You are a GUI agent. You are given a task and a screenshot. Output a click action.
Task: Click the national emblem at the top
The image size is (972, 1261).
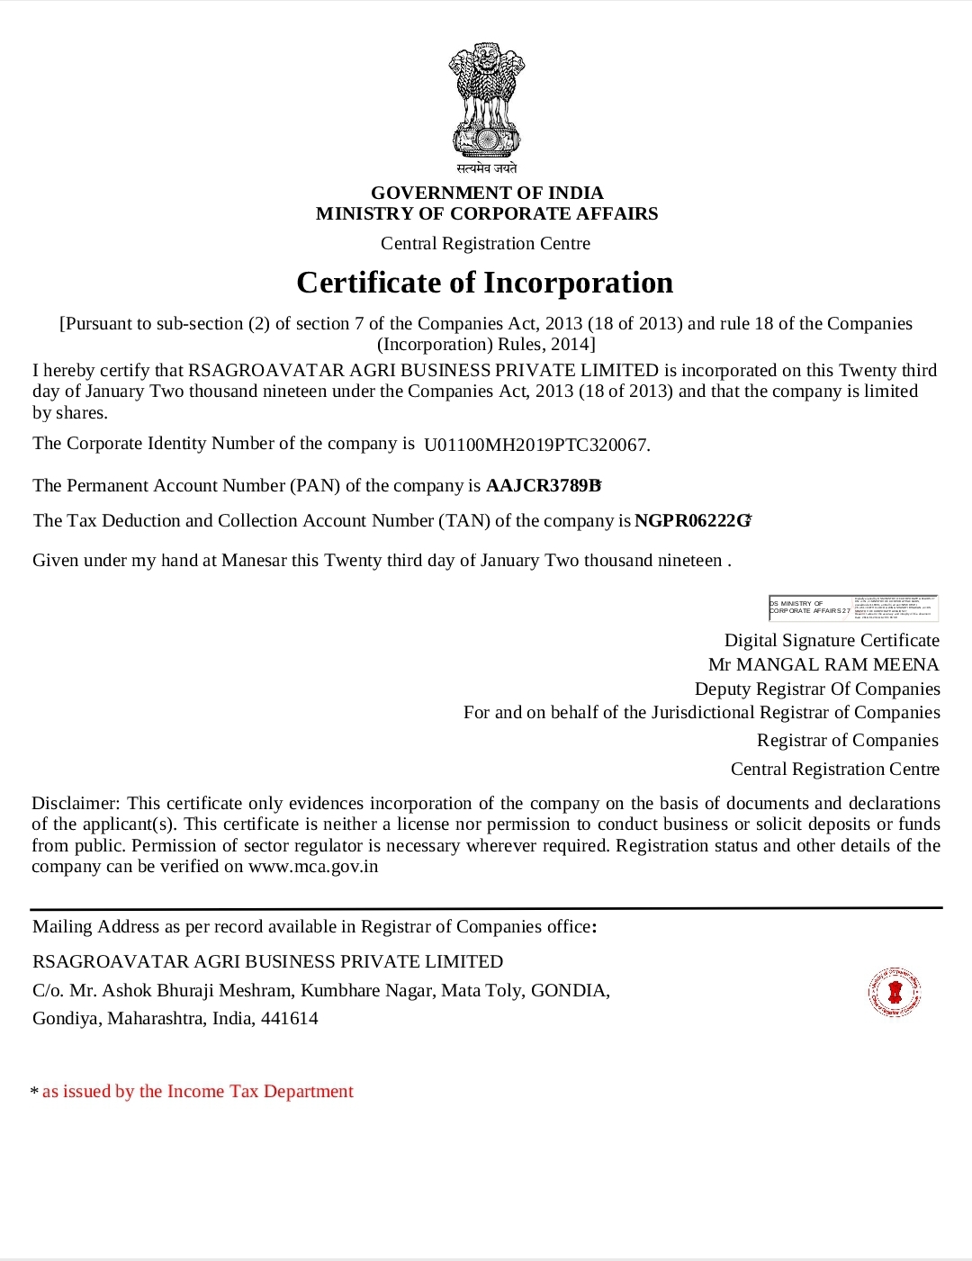486,102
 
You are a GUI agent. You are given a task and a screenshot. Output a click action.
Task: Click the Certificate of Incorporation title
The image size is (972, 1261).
485,283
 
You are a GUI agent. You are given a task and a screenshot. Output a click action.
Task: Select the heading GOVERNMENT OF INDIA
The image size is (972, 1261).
487,193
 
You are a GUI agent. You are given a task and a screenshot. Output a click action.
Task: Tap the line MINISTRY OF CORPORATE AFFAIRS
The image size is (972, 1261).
487,213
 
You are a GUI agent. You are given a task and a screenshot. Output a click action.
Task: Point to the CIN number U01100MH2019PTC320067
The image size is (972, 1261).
536,445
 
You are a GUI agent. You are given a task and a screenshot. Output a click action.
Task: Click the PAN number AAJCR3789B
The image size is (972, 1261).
543,486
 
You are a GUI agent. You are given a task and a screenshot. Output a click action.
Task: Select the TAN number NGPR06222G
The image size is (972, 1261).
692,521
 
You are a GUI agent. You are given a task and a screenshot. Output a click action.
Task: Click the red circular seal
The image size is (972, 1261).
895,993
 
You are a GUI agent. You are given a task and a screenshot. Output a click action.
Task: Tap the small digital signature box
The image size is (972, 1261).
853,608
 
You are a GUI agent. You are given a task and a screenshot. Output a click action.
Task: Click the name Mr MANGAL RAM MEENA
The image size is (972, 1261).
823,664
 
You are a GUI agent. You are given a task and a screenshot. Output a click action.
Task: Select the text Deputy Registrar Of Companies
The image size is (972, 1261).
817,689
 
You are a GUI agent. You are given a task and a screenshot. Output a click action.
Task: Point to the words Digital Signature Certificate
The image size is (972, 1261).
832,640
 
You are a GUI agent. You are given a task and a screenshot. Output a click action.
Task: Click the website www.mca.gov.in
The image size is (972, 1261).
313,867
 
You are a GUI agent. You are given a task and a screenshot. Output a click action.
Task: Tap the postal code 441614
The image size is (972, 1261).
290,1019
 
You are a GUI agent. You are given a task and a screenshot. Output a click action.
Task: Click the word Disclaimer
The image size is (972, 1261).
75,803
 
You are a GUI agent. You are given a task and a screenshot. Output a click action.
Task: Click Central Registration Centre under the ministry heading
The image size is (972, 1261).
485,243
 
